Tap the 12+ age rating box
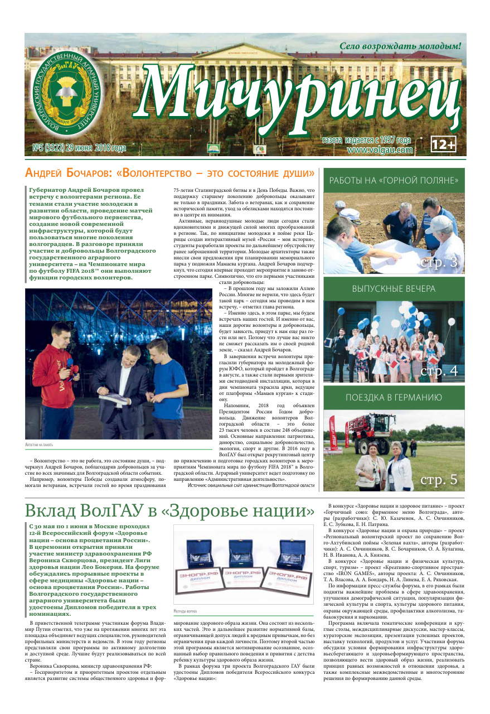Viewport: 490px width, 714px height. pyautogui.click(x=444, y=144)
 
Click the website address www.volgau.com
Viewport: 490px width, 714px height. pyautogui.click(x=380, y=149)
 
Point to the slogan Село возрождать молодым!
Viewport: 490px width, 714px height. pyautogui.click(x=401, y=46)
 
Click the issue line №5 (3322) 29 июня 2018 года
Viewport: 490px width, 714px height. pyautogui.click(x=79, y=148)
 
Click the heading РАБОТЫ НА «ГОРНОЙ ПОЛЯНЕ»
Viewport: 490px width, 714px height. pyautogui.click(x=394, y=181)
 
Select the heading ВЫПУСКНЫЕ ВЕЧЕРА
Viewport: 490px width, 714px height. pyautogui.click(x=394, y=289)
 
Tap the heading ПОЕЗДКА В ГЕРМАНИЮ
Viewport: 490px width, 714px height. pyautogui.click(x=394, y=398)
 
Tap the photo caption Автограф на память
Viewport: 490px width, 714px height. pyautogui.click(x=40, y=445)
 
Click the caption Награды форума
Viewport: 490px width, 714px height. pyautogui.click(x=186, y=611)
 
